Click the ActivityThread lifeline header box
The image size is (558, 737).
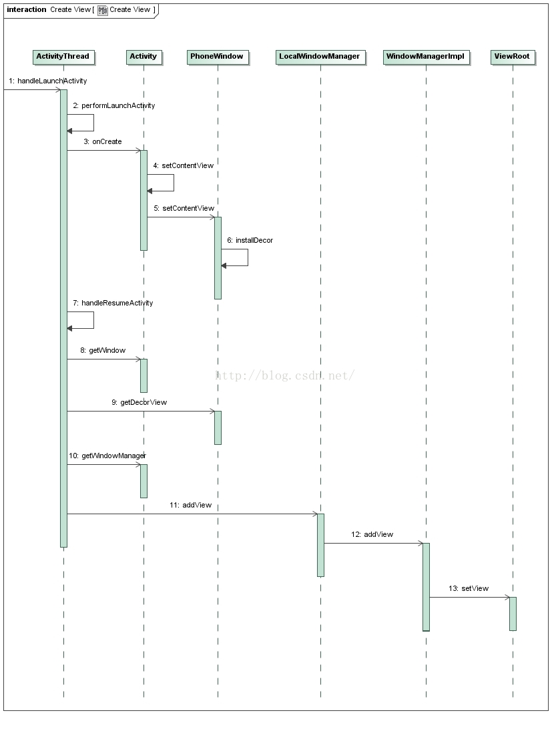pyautogui.click(x=63, y=57)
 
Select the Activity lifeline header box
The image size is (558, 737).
pyautogui.click(x=143, y=57)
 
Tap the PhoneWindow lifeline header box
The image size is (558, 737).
pyautogui.click(x=217, y=57)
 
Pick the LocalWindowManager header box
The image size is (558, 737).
pyautogui.click(x=320, y=57)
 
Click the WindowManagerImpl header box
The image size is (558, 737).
pyautogui.click(x=425, y=57)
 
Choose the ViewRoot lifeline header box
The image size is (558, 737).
pyautogui.click(x=513, y=57)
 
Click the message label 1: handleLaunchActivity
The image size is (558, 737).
pyautogui.click(x=48, y=81)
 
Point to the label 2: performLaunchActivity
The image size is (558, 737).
pyautogui.click(x=114, y=105)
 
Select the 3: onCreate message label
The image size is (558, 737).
pyautogui.click(x=103, y=141)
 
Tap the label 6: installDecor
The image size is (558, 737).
pyautogui.click(x=250, y=240)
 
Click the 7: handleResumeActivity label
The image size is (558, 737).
pyautogui.click(x=113, y=303)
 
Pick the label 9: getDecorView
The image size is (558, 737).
pyautogui.click(x=139, y=402)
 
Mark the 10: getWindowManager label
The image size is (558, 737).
pyautogui.click(x=107, y=456)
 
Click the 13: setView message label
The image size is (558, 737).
pyautogui.click(x=469, y=588)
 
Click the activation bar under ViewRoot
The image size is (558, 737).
pyautogui.click(x=513, y=614)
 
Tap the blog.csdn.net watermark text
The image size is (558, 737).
pyautogui.click(x=285, y=376)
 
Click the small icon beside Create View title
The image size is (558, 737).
pyautogui.click(x=103, y=10)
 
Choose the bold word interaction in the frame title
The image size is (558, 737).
pyautogui.click(x=27, y=9)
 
